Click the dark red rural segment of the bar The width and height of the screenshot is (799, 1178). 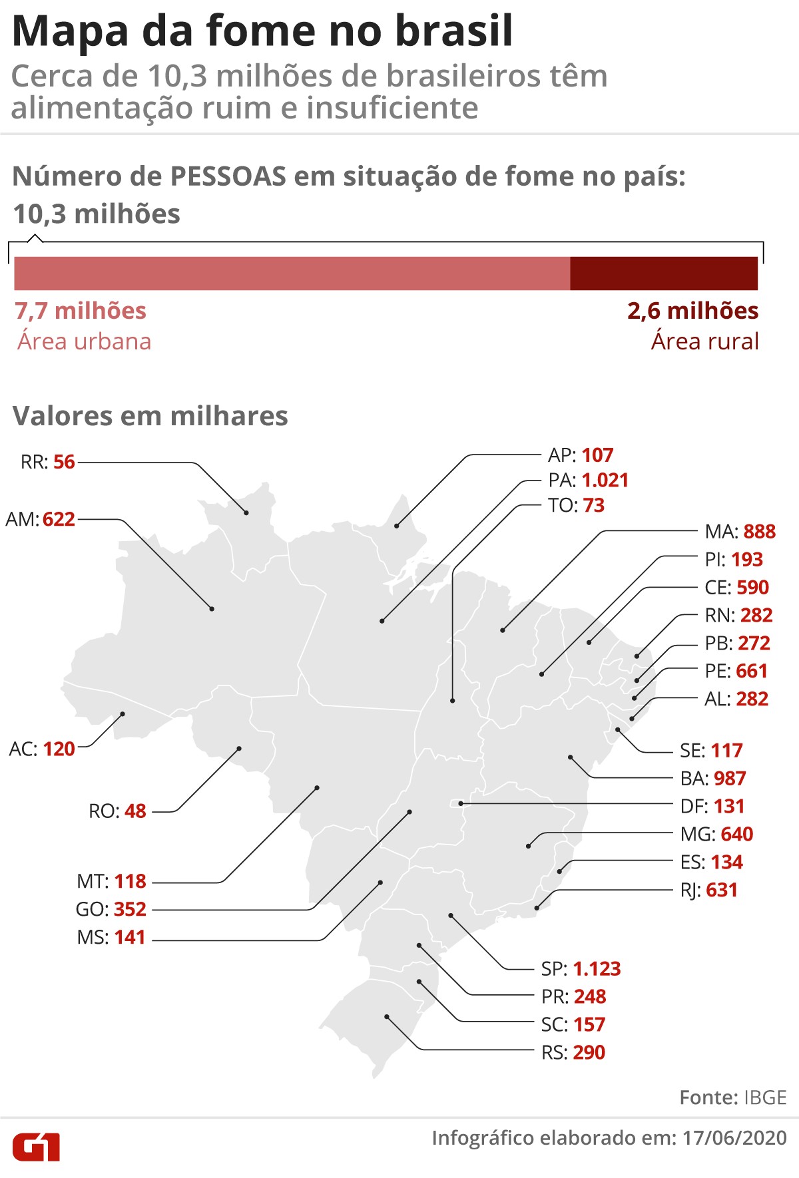(664, 274)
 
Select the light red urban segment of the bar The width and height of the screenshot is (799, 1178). (292, 274)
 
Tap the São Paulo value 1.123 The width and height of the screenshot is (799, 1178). (597, 968)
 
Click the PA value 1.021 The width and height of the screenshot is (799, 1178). (605, 480)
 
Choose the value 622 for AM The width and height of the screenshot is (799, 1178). (59, 519)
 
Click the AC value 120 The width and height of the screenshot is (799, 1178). (59, 749)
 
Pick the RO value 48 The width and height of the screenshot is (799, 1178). (135, 811)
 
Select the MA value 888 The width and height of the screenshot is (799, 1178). (760, 532)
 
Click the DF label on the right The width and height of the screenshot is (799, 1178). (693, 806)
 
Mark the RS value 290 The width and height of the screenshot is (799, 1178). (589, 1052)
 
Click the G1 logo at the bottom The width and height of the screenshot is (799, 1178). (36, 1146)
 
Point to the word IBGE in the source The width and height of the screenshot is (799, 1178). (766, 1097)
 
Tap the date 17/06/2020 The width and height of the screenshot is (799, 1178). (734, 1137)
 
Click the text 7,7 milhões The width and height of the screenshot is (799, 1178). (81, 311)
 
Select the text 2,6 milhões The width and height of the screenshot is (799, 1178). (692, 311)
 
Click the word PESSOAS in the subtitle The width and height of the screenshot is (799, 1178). (228, 177)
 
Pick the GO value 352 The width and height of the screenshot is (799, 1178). (130, 909)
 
